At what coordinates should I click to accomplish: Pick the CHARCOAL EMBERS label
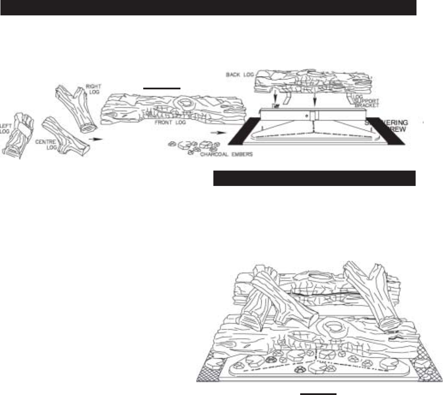(227, 154)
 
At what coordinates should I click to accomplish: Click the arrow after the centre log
(98, 139)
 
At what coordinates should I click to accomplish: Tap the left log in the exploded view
(16, 133)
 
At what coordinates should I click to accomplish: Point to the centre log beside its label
(67, 135)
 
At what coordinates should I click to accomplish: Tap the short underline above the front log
(162, 87)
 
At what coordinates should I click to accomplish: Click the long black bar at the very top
(208, 8)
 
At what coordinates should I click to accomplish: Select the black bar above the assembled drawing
(314, 178)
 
